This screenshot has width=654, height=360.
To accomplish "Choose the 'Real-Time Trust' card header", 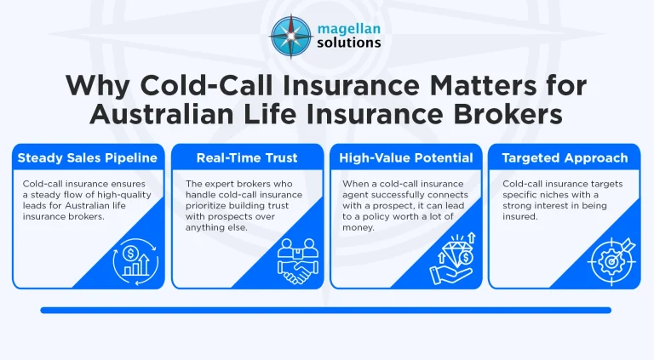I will coord(248,157).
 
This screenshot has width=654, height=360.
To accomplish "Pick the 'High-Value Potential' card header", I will coord(406,157).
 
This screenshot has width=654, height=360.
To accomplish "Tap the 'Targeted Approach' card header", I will coord(565,157).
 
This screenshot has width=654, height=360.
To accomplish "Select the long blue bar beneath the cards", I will coord(326,310).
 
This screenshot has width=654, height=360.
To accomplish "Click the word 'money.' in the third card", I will coord(358,228).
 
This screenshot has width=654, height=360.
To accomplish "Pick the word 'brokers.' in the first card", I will coord(88,217).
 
